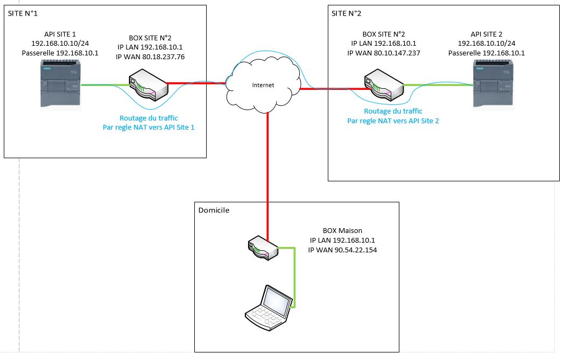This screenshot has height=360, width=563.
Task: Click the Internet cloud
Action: [263, 84]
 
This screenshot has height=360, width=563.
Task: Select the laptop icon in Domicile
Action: [268, 308]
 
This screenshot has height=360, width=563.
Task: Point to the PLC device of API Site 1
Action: [61, 84]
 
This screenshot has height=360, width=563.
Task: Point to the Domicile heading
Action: [214, 210]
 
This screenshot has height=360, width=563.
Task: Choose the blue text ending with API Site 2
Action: [393, 121]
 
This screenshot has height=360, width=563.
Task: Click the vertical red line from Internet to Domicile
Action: [268, 161]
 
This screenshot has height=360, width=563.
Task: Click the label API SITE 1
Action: [60, 33]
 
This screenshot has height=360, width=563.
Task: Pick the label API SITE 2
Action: [491, 33]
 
